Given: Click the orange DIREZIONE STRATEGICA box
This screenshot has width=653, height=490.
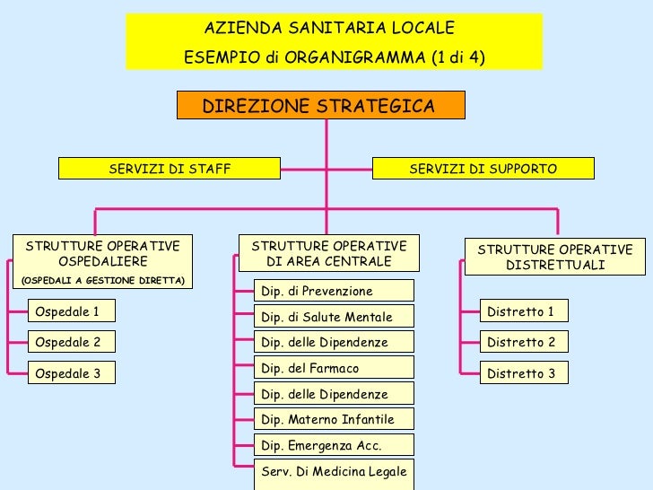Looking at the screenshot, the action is (320, 106).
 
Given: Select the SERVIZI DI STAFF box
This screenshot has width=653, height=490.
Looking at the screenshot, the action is (170, 169).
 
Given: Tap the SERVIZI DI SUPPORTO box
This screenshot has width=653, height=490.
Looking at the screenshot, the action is (483, 169).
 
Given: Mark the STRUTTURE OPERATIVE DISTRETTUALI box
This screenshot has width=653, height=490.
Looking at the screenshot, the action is (554, 258).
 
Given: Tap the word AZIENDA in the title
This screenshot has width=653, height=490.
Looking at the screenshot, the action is (234, 28).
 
